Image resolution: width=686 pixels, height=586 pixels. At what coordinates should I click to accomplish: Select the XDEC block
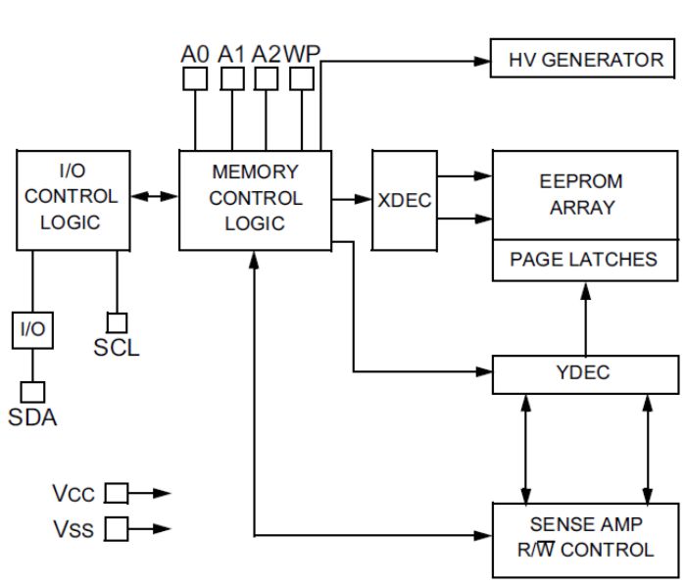pyautogui.click(x=405, y=200)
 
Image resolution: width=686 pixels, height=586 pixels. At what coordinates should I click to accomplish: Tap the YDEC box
pyautogui.click(x=585, y=372)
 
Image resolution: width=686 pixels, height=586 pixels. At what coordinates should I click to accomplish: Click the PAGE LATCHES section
pyautogui.click(x=584, y=260)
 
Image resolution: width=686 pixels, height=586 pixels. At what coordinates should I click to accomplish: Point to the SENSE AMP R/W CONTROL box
pyautogui.click(x=585, y=538)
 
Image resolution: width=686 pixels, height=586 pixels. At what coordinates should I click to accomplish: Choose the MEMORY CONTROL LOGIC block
pyautogui.click(x=255, y=199)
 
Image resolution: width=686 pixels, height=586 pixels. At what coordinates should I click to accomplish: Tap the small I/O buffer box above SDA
pyautogui.click(x=32, y=329)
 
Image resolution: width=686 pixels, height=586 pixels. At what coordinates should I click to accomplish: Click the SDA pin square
pyautogui.click(x=32, y=391)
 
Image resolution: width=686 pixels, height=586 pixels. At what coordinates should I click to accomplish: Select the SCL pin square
pyautogui.click(x=117, y=322)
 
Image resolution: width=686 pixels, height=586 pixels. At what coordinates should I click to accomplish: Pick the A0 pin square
pyautogui.click(x=196, y=77)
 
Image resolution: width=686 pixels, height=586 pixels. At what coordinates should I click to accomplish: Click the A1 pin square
pyautogui.click(x=231, y=77)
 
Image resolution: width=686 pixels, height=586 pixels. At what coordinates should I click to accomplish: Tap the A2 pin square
pyautogui.click(x=266, y=77)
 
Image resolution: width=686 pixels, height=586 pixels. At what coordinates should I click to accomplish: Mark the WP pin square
pyautogui.click(x=302, y=77)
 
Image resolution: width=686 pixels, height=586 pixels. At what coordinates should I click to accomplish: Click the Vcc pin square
pyautogui.click(x=117, y=493)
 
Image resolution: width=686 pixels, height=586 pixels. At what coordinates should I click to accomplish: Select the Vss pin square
pyautogui.click(x=117, y=529)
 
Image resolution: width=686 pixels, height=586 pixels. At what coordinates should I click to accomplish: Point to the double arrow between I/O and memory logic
pyautogui.click(x=156, y=197)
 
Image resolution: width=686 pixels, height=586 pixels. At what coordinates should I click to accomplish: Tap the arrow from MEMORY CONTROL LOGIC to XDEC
pyautogui.click(x=352, y=200)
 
